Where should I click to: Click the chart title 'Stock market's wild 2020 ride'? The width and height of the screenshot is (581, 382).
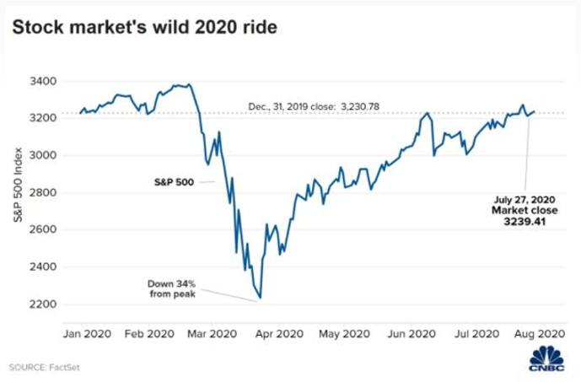144,27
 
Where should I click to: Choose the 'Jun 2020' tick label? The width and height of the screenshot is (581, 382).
412,333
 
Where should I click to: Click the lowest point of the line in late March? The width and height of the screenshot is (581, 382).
261,298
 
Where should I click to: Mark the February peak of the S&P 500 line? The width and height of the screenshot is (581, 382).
189,84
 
